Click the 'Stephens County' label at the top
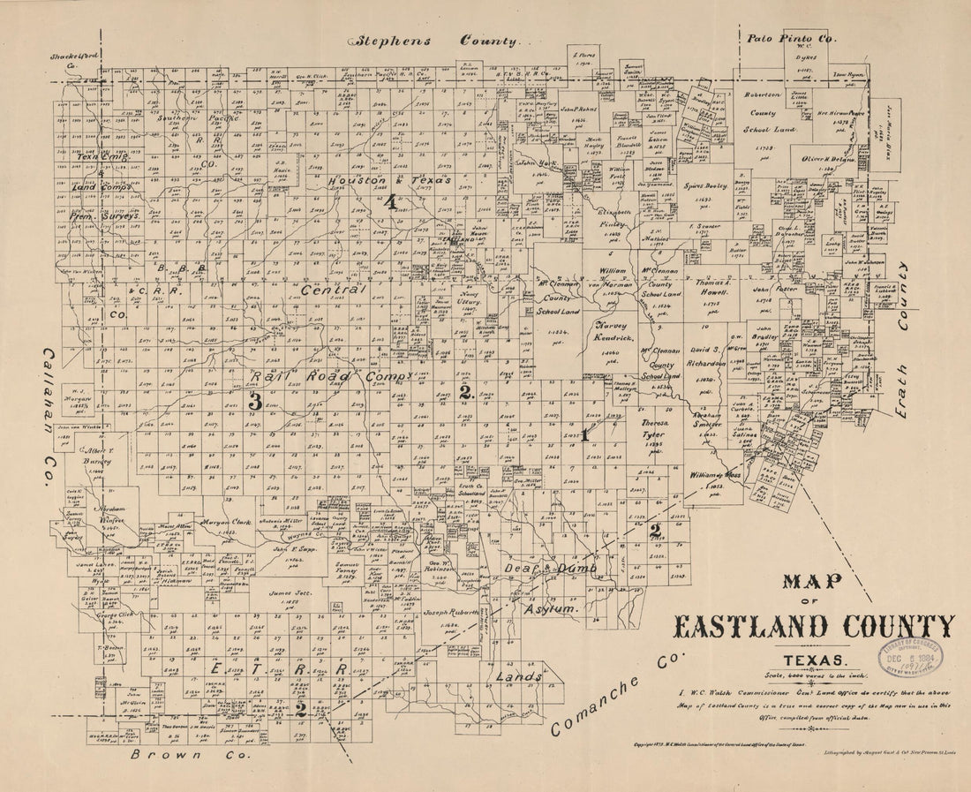click(x=439, y=41)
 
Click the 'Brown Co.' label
click(x=190, y=755)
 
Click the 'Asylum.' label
click(x=552, y=609)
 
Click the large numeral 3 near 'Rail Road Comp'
click(x=254, y=400)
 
